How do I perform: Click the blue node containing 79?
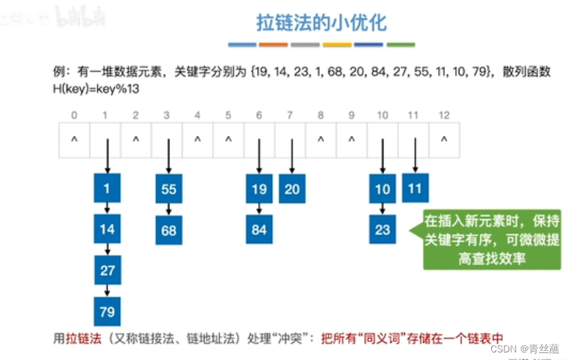tap(107, 312)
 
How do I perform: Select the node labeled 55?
tap(169, 189)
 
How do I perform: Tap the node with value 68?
tap(169, 229)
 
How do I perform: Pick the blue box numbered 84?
tap(259, 229)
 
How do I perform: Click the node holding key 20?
tap(292, 189)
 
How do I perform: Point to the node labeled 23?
tap(383, 229)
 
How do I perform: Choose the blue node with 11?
tap(415, 189)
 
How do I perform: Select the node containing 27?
tap(107, 270)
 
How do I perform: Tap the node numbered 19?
tap(259, 189)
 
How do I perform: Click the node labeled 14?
tap(107, 229)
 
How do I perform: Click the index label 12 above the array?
tap(444, 115)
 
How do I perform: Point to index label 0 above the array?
tap(74, 115)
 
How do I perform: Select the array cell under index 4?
tap(198, 139)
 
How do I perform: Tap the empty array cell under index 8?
tap(321, 139)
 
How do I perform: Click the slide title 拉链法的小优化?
tap(321, 23)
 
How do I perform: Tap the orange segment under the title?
tap(274, 45)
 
